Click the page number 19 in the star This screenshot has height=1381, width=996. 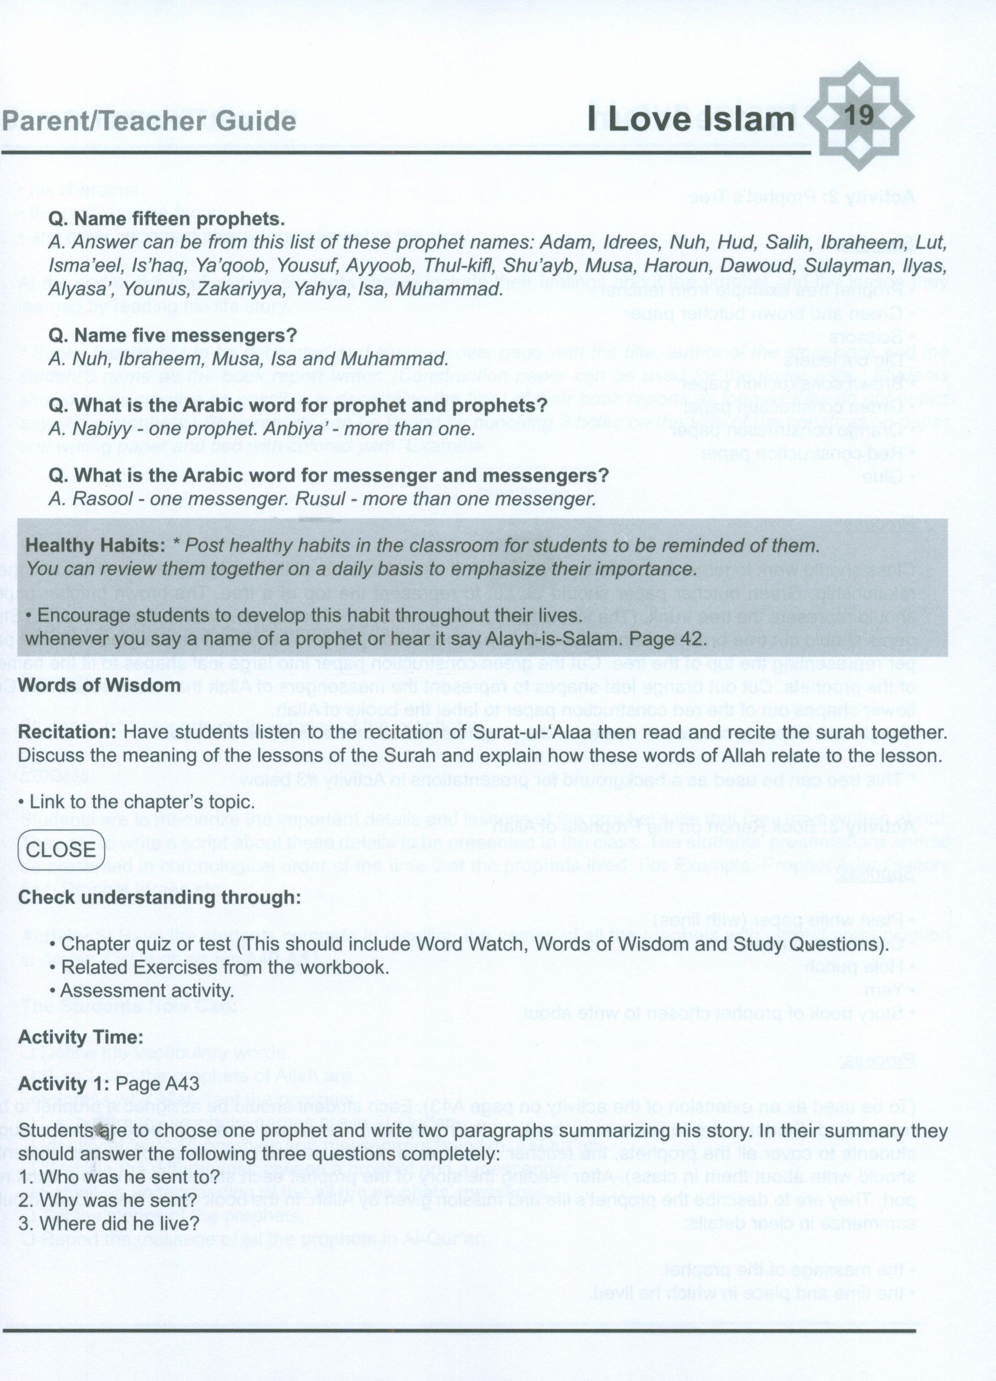coord(860,115)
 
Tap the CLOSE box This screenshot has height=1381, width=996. coord(61,849)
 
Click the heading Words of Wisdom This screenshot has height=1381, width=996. coord(99,685)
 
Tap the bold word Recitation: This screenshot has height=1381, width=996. coord(68,732)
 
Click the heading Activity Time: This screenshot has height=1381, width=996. coord(80,1037)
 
